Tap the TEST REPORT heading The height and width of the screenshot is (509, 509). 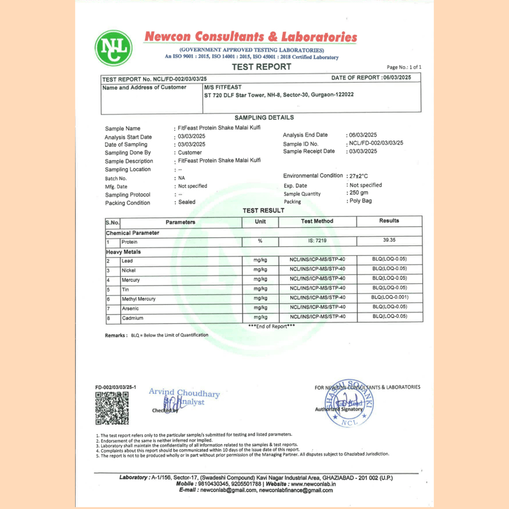pyautogui.click(x=261, y=67)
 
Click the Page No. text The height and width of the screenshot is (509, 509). pyautogui.click(x=404, y=67)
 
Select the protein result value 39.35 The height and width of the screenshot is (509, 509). pyautogui.click(x=389, y=241)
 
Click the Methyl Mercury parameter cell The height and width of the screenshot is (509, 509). pyautogui.click(x=139, y=298)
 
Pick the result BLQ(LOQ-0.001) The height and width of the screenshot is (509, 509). pyautogui.click(x=389, y=297)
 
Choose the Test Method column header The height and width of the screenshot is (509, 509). pyautogui.click(x=317, y=221)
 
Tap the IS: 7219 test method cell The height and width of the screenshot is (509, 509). pyautogui.click(x=317, y=241)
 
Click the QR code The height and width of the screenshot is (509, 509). pyautogui.click(x=111, y=408)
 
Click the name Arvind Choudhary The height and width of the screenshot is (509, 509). pyautogui.click(x=184, y=393)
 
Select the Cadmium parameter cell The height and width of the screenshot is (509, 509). pyautogui.click(x=133, y=317)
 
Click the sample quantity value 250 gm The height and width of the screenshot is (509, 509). pyautogui.click(x=359, y=192)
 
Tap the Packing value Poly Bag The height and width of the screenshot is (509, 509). pyautogui.click(x=361, y=201)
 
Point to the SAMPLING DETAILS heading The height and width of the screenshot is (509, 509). pyautogui.click(x=264, y=118)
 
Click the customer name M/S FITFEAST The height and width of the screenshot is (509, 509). pyautogui.click(x=223, y=87)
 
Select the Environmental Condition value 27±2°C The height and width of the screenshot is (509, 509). pyautogui.click(x=358, y=176)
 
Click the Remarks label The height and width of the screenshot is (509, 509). pyautogui.click(x=116, y=335)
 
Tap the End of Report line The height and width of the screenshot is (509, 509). pyautogui.click(x=272, y=326)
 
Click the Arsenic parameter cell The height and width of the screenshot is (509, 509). pyautogui.click(x=132, y=308)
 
